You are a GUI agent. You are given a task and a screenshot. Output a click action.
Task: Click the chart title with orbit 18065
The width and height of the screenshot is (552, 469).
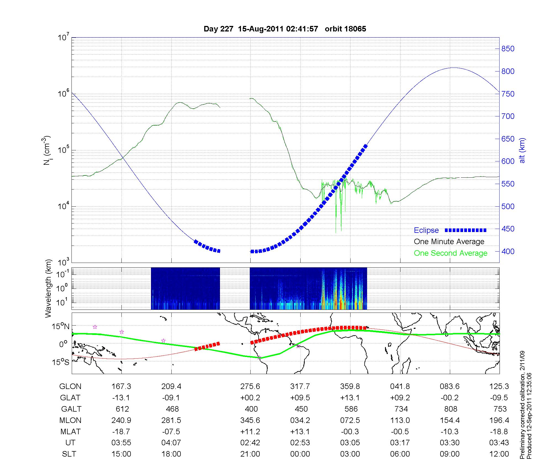point(285,29)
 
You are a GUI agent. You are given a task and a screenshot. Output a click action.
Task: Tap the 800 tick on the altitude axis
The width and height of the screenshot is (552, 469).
point(508,71)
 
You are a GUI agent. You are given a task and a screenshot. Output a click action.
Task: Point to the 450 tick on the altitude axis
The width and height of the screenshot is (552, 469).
point(508,229)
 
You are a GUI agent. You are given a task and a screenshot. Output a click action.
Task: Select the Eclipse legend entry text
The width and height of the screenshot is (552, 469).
point(426,230)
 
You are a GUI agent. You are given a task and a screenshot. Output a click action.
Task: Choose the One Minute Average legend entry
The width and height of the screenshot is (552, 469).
point(449,242)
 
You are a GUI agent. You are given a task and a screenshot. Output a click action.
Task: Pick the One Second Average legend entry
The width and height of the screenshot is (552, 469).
point(450,253)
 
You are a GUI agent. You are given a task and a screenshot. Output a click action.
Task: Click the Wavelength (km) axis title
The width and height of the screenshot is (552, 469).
point(49,288)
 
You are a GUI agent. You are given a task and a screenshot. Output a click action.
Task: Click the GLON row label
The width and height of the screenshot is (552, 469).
point(70,387)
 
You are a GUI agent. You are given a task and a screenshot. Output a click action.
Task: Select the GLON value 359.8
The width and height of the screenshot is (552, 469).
point(350,387)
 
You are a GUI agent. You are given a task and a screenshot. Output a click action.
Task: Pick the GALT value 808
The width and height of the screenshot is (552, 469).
point(450,409)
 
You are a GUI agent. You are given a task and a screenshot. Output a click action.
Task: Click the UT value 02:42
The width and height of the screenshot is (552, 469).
point(250,443)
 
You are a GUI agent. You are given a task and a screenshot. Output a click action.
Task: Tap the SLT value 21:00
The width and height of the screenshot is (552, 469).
point(250,454)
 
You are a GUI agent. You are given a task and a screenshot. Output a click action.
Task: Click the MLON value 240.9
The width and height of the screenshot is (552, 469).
point(121,420)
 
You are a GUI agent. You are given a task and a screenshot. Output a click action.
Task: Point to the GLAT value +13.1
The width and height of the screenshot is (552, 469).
point(350,398)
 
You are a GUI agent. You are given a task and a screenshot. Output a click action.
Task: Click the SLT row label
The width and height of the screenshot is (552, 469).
point(69,454)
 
